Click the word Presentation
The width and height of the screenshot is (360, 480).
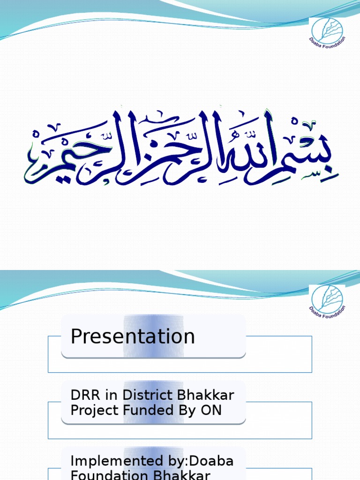(x=133, y=337)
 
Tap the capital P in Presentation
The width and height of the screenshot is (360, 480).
(x=76, y=337)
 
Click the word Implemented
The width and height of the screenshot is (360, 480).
(x=110, y=461)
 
